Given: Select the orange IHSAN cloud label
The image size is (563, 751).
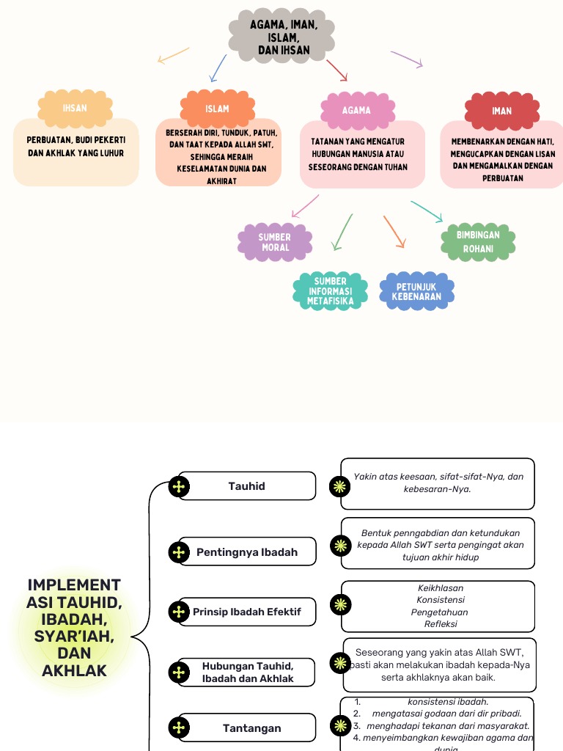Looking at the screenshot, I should (x=75, y=108).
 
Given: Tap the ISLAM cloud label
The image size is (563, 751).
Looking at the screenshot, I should (x=217, y=109).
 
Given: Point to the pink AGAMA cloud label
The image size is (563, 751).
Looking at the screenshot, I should (x=356, y=110).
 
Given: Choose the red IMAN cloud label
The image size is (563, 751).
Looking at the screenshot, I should (x=501, y=111).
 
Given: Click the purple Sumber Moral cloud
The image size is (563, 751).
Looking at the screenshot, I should (x=275, y=243).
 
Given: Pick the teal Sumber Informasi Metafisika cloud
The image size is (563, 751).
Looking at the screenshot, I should (x=330, y=291).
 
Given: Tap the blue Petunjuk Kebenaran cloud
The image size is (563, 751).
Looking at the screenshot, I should (x=416, y=291).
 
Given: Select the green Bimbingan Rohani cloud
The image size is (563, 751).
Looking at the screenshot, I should (x=478, y=242).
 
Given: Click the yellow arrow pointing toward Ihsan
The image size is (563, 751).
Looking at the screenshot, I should (x=173, y=56).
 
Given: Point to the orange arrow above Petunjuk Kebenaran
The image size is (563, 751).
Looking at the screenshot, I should (x=394, y=231).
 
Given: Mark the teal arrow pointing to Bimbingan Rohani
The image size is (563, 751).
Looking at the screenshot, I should (x=427, y=211).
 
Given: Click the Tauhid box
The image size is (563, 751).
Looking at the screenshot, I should (x=247, y=486).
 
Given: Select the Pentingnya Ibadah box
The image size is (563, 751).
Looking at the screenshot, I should (x=247, y=552).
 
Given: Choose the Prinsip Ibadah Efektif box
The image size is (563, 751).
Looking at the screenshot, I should (x=247, y=612).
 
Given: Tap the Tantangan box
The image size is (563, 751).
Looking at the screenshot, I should (x=251, y=728).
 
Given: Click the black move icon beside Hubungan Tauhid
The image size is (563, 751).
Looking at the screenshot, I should (x=179, y=673).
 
